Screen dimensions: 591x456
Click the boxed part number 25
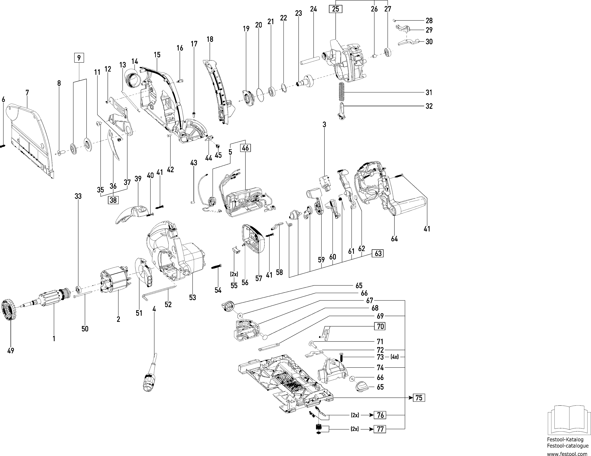click(x=335, y=9)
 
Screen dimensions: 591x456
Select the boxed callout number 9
click(x=79, y=58)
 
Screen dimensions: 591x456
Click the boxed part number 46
click(x=245, y=148)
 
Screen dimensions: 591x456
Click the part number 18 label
click(x=210, y=39)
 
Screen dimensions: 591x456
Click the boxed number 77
click(x=380, y=429)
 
